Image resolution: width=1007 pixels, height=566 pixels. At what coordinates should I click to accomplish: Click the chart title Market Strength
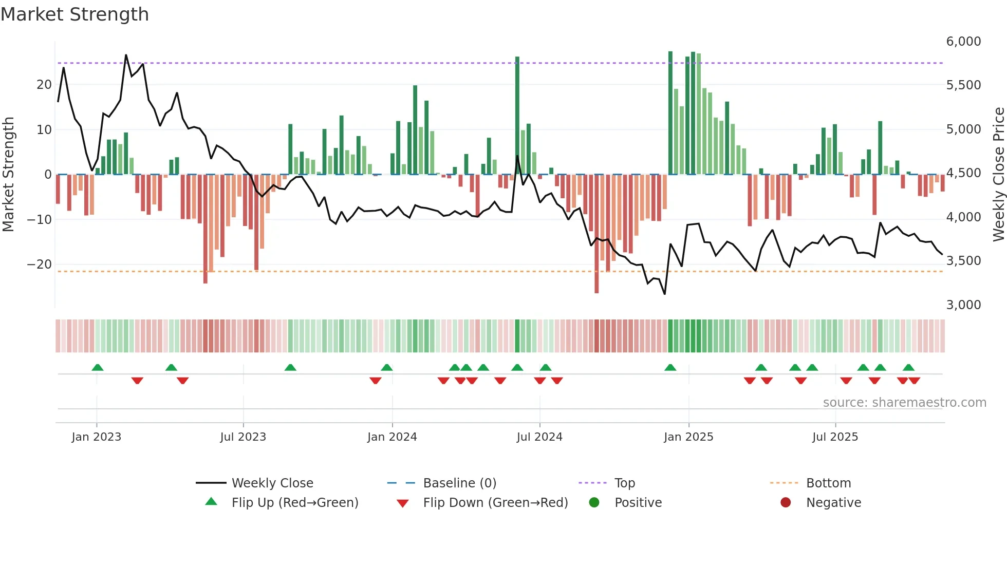point(75,14)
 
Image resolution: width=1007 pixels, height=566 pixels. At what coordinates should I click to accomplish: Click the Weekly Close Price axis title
point(998,174)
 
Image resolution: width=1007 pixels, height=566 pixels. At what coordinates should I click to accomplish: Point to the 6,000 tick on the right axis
point(963,42)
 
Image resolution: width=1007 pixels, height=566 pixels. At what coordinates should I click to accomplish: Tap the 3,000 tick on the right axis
point(963,305)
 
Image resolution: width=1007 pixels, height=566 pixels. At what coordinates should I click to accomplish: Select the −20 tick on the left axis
point(39,265)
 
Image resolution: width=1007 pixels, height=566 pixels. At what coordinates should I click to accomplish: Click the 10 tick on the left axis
point(44,129)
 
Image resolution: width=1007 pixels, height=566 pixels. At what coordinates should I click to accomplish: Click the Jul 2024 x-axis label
point(539,437)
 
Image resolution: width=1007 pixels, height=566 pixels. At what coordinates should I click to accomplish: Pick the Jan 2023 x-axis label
point(97,437)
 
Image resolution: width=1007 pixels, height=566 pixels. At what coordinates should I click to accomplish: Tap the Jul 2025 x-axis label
point(835,437)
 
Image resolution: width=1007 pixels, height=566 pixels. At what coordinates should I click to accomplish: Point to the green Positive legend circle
point(594,503)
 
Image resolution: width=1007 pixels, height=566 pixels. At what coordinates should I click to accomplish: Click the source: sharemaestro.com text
point(904,403)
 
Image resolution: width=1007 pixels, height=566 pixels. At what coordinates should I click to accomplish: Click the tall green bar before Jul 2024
point(517,116)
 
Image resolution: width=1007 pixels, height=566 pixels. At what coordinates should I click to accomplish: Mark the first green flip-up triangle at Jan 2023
point(98,367)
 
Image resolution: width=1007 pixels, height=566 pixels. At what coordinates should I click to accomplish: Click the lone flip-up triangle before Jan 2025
point(670,367)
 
